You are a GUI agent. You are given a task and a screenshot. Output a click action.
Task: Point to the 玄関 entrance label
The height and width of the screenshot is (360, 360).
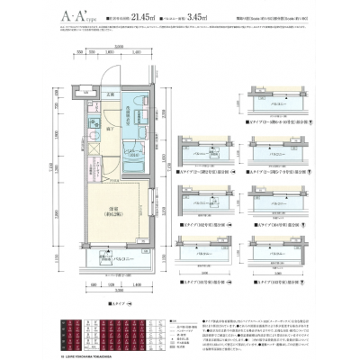[x=112, y=95]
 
